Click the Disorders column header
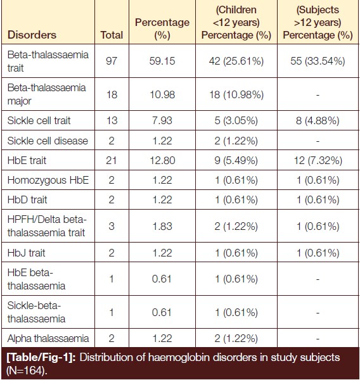point(32,35)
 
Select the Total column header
point(112,35)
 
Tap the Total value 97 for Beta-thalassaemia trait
point(112,61)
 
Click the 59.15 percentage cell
point(162,61)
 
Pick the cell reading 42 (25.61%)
point(236,61)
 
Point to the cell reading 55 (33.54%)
point(318,61)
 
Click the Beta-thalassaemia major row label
point(46,94)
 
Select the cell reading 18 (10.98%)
point(236,94)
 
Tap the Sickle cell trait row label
point(39,120)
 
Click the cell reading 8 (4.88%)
point(318,121)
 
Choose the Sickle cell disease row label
point(48,141)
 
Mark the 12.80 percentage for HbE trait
point(162,160)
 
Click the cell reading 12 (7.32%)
point(318,161)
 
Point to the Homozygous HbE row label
point(48,180)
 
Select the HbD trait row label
point(27,200)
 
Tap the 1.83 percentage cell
point(162,226)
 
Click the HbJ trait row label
point(26,253)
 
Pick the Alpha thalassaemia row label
point(48,339)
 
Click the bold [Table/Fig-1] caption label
point(41,358)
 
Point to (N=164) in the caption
point(27,370)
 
